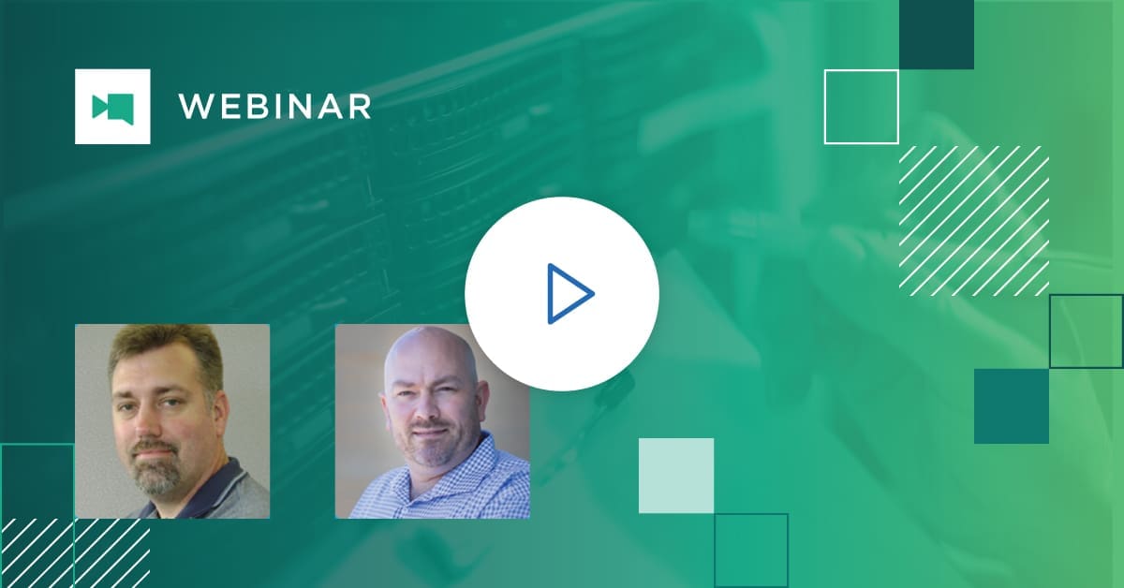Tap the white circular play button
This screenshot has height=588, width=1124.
(x=562, y=293)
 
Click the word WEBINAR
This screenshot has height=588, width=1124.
(x=275, y=107)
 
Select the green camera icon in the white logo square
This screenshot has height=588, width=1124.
(x=113, y=107)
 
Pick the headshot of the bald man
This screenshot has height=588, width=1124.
(x=433, y=421)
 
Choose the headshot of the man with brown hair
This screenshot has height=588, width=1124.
(x=172, y=421)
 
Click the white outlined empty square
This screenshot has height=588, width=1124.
(x=825, y=107)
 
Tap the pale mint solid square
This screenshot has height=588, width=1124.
(x=676, y=476)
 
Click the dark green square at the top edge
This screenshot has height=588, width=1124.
(x=937, y=35)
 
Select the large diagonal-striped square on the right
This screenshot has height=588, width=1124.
(x=974, y=221)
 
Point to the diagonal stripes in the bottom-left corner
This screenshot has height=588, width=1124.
(x=75, y=552)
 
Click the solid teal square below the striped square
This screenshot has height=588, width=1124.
(x=1012, y=406)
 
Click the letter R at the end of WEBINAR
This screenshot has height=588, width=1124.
(x=360, y=107)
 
